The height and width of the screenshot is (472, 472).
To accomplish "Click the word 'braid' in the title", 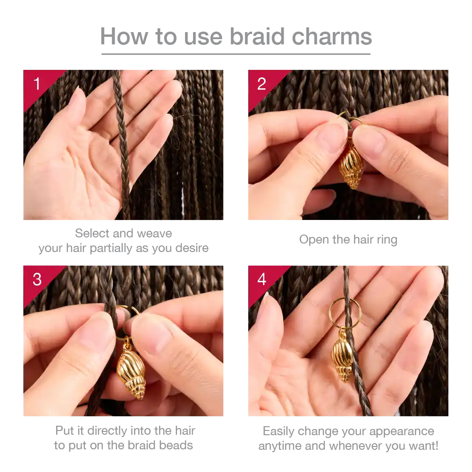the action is pyautogui.click(x=257, y=36).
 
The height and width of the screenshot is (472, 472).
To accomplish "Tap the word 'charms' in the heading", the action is pyautogui.click(x=332, y=36).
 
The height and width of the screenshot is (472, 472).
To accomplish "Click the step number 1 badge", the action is pyautogui.click(x=37, y=84).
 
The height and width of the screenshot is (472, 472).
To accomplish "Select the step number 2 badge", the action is pyautogui.click(x=261, y=84).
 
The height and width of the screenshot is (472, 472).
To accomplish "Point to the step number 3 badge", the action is pyautogui.click(x=37, y=279).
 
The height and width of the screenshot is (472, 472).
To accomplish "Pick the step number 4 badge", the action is pyautogui.click(x=261, y=279).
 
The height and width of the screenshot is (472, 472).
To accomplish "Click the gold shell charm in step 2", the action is pyautogui.click(x=351, y=164).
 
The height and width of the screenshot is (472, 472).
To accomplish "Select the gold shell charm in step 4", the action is pyautogui.click(x=343, y=357).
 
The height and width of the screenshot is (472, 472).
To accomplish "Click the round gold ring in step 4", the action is pyautogui.click(x=329, y=313).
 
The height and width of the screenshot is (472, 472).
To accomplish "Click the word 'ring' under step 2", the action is pyautogui.click(x=387, y=240).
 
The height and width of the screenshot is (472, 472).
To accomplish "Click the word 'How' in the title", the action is pyautogui.click(x=124, y=36).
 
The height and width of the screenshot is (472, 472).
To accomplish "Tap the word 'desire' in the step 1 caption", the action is pyautogui.click(x=192, y=248).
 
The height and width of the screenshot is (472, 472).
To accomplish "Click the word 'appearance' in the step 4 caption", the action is pyautogui.click(x=402, y=432).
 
